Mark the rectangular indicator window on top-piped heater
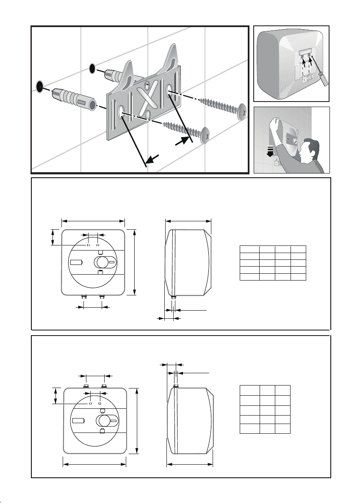[x=78, y=421]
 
